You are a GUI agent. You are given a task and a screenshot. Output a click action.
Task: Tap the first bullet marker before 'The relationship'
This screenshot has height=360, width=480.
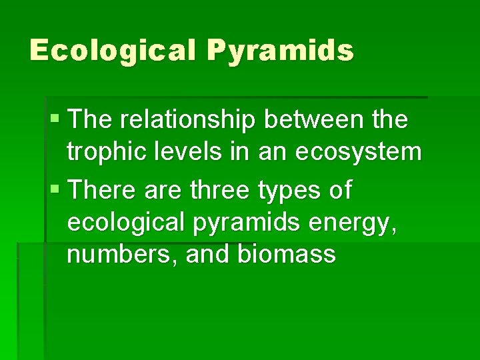tap(54, 121)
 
